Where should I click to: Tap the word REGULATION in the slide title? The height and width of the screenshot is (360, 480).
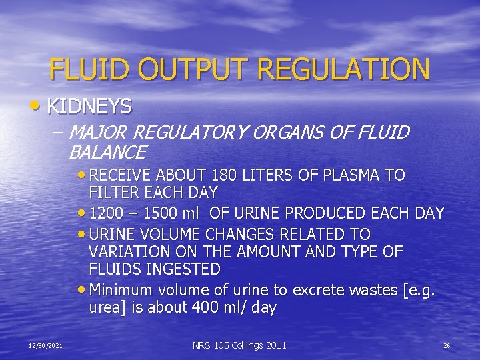344,69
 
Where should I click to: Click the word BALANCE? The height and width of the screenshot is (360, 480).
107,153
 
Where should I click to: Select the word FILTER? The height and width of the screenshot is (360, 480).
114,193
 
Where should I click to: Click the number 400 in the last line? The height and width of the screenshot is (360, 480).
208,308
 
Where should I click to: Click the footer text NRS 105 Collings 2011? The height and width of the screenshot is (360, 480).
239,345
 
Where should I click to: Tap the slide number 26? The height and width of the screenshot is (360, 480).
447,345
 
